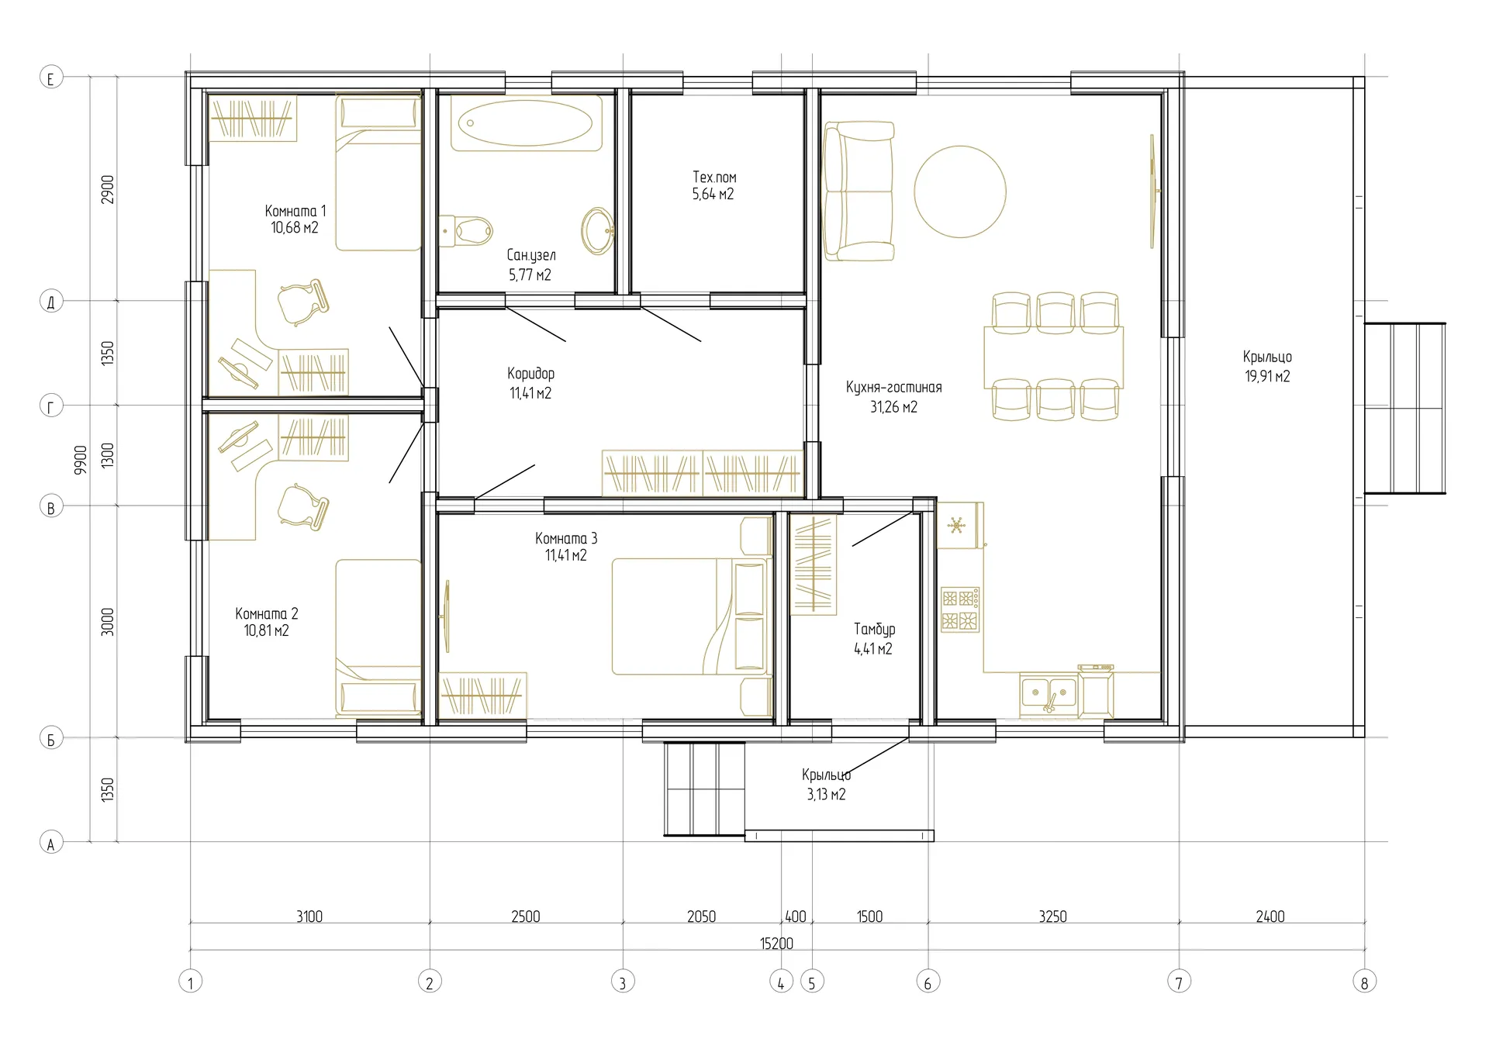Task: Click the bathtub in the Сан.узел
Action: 526,123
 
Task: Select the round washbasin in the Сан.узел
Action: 597,230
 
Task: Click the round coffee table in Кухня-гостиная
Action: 960,192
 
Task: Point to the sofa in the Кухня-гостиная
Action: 859,191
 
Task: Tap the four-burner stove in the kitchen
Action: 960,609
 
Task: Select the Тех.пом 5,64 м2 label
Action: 713,186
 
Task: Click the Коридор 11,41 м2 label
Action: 530,383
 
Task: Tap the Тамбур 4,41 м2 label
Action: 874,639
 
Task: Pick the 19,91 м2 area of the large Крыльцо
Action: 1267,377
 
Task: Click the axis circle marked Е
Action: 51,78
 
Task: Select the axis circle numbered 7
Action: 1179,982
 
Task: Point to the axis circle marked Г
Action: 51,406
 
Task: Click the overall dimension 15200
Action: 776,944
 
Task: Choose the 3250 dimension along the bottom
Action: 1052,917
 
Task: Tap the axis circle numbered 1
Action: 191,982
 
